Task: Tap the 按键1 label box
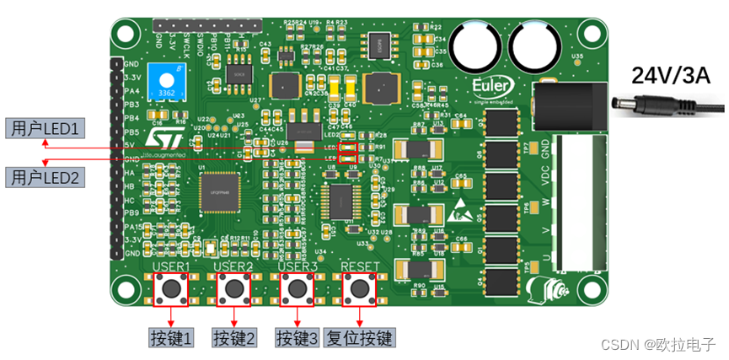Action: point(172,338)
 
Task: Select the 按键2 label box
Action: point(233,338)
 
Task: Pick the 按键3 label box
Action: point(297,338)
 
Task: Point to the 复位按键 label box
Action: point(361,338)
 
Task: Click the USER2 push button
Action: point(233,289)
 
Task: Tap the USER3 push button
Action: point(297,289)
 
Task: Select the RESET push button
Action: point(358,289)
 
